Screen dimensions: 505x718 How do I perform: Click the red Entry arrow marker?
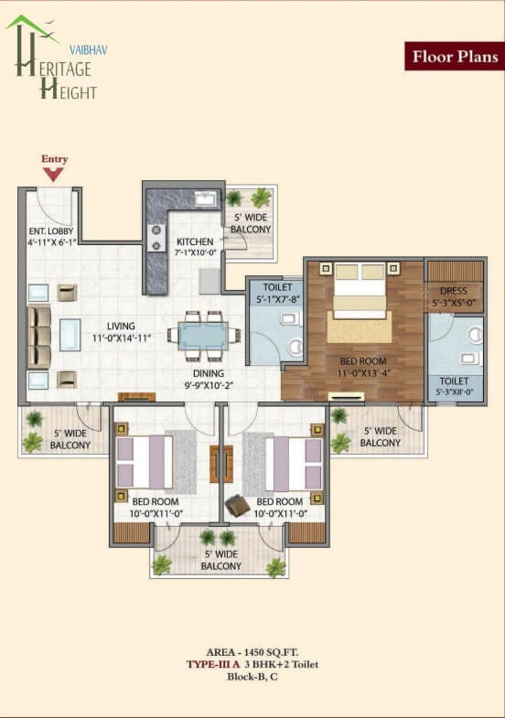(54, 175)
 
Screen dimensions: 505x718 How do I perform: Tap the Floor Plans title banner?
(455, 57)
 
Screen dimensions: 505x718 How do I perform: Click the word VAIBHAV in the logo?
(89, 50)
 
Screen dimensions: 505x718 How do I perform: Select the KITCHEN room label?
(195, 241)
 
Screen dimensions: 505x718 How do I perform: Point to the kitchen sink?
(205, 199)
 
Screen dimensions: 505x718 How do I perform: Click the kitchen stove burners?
(156, 238)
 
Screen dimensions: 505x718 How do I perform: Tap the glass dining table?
(203, 336)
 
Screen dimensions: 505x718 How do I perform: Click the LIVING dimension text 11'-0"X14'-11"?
(122, 338)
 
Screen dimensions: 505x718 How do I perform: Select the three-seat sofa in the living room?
(39, 336)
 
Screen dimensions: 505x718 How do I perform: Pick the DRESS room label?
(453, 291)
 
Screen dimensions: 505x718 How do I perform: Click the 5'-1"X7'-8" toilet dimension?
(277, 300)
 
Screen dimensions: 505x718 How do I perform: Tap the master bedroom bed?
(360, 291)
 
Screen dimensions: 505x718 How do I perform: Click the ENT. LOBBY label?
(51, 231)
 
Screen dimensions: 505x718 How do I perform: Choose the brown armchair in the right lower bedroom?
(238, 505)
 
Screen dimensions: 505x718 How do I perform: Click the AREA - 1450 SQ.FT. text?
(252, 652)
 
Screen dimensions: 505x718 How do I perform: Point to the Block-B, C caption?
(252, 676)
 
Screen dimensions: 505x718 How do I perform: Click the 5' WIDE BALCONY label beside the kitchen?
(251, 223)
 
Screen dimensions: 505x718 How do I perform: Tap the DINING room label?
(209, 373)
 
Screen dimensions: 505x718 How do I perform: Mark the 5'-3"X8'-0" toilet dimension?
(454, 392)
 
